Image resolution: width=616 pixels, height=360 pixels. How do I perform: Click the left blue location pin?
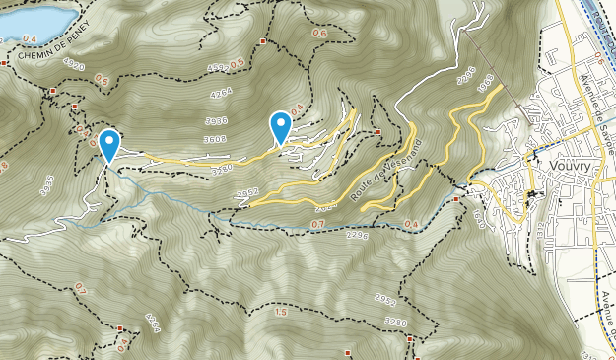coord(107,145)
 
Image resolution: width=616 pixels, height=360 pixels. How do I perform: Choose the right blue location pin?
coord(282,127)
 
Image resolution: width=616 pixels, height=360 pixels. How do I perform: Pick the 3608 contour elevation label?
coord(215,139)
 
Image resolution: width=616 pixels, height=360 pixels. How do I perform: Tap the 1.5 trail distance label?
coord(281,312)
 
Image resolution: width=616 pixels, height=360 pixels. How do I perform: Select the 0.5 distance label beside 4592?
coord(237,63)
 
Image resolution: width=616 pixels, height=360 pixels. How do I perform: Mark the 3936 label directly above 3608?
coord(215,120)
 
